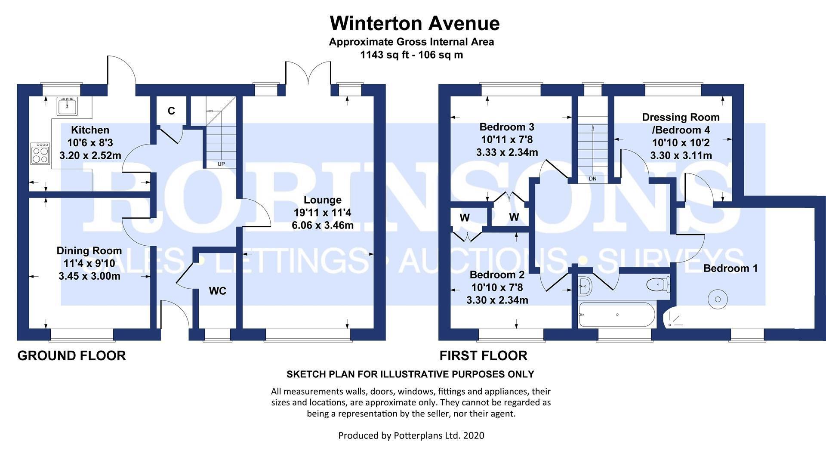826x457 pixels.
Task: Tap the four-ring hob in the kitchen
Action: point(40,153)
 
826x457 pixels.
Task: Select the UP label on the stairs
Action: point(221,164)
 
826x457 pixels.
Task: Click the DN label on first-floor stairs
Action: point(592,179)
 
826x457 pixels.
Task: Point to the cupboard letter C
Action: point(171,111)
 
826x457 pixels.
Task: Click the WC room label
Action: point(218,291)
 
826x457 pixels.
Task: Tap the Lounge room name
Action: point(323,200)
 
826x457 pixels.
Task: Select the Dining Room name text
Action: point(89,251)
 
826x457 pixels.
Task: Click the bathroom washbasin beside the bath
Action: point(585,286)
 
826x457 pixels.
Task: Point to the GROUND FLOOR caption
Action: point(72,355)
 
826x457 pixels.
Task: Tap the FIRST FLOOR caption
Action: point(483,355)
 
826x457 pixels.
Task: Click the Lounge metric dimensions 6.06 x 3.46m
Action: point(323,225)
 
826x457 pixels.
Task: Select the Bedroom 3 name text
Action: point(507,127)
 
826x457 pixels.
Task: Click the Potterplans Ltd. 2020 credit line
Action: point(411,435)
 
